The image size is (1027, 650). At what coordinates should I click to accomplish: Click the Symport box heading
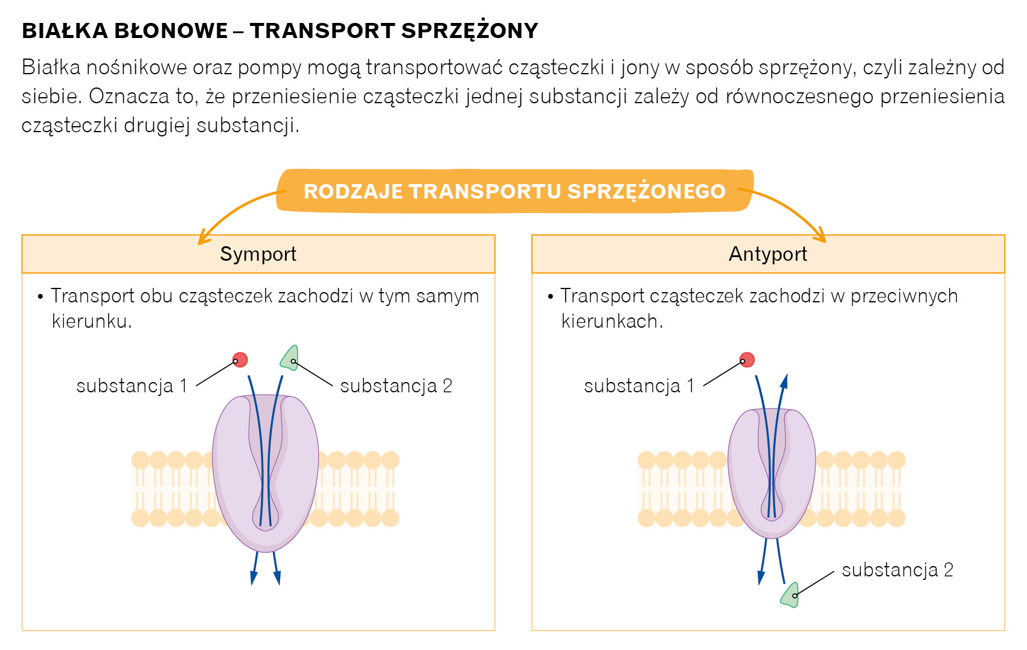click(258, 254)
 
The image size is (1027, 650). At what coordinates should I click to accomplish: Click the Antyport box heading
click(767, 254)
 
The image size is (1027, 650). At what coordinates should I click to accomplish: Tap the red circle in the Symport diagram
click(240, 360)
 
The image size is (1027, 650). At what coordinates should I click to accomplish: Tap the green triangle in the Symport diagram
click(290, 358)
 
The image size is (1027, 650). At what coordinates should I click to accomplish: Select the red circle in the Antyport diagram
click(747, 360)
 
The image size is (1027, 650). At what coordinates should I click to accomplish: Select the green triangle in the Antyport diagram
click(790, 595)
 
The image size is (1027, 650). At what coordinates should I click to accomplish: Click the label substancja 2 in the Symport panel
click(396, 386)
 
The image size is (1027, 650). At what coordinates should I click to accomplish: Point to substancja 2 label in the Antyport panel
click(897, 570)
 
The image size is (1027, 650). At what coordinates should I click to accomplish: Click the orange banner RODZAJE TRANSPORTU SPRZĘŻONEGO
click(514, 191)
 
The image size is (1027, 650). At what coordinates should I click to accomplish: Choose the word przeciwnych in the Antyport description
click(904, 296)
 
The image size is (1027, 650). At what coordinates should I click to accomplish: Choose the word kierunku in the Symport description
click(91, 321)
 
